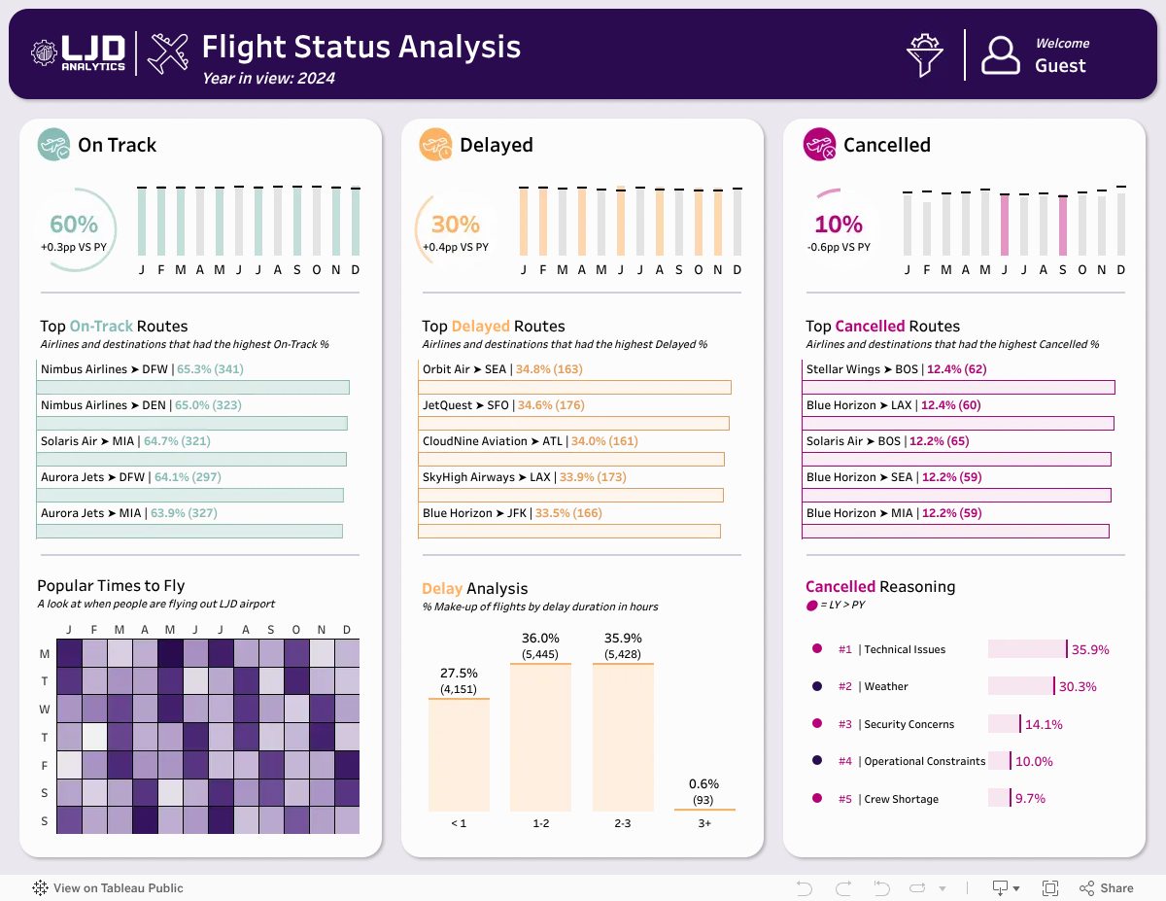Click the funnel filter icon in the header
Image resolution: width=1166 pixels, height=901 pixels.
(x=924, y=55)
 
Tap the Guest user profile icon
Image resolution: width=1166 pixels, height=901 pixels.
(x=1000, y=55)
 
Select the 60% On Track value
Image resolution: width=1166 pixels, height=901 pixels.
(x=74, y=225)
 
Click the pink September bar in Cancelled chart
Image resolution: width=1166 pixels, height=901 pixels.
(x=1062, y=225)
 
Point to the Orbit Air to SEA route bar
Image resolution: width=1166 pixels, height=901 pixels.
(x=574, y=388)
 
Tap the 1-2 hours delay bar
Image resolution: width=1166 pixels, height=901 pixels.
(x=540, y=738)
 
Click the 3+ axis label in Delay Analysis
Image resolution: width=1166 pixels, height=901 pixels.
(x=704, y=823)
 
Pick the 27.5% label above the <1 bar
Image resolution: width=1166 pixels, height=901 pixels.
(x=459, y=673)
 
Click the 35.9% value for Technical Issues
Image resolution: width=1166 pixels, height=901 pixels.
(x=1090, y=650)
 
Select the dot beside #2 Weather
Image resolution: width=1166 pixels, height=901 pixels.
(x=817, y=686)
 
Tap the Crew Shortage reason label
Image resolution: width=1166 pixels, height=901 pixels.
(x=902, y=799)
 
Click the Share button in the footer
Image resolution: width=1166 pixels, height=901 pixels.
(x=1107, y=888)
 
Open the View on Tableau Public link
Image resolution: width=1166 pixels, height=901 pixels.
(x=108, y=888)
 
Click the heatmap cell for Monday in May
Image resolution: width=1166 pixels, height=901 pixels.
(x=170, y=653)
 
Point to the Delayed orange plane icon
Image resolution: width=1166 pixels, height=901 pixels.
(x=435, y=145)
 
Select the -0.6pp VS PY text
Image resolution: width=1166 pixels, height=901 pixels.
(x=839, y=248)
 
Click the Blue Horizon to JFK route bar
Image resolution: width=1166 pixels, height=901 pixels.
(x=569, y=532)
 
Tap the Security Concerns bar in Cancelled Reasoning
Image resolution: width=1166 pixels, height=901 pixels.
(x=1004, y=724)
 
